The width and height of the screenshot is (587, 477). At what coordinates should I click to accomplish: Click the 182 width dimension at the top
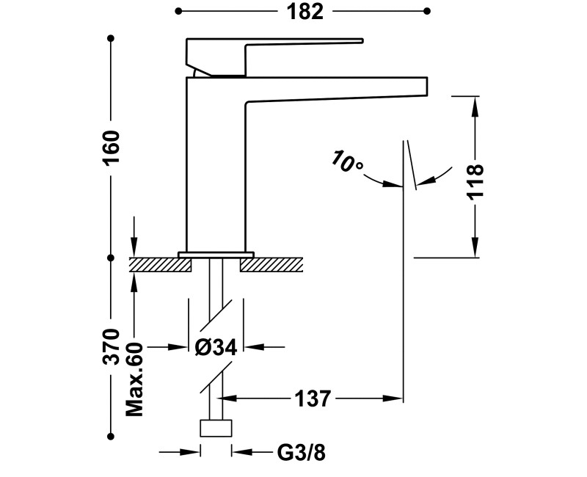coord(305,12)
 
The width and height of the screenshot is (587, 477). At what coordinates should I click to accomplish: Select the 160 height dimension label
coord(112,147)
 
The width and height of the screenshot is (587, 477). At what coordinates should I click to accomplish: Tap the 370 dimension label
coord(112,346)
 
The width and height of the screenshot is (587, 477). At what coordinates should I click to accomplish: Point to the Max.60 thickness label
coord(135,379)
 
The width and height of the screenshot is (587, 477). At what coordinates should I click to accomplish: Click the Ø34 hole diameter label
coord(216,347)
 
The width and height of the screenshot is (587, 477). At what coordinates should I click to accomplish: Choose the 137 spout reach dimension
coord(313,398)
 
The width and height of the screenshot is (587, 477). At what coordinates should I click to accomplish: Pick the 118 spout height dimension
coord(475,182)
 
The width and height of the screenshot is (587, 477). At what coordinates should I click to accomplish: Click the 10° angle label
coord(346,161)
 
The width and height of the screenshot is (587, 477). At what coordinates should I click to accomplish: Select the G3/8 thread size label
coord(301,453)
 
